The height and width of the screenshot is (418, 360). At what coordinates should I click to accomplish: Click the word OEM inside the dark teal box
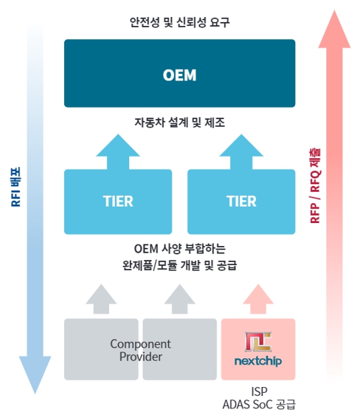point(179,75)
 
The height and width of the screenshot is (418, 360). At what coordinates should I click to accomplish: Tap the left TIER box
point(118,201)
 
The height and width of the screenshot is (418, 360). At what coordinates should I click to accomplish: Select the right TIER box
point(241,201)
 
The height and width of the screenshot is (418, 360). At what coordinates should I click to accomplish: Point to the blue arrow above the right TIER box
point(241,151)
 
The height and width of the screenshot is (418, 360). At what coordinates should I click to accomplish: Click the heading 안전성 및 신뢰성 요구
point(179,22)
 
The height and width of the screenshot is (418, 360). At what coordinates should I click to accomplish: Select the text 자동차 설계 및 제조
point(179,123)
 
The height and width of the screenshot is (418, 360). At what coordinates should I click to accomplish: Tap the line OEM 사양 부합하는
point(179,247)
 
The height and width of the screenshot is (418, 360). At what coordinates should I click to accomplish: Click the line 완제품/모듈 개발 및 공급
point(179,264)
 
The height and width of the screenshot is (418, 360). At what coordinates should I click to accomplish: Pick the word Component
point(140,343)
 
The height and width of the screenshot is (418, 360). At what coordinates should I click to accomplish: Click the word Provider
point(140,357)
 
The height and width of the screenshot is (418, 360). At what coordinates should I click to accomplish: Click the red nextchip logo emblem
point(258,341)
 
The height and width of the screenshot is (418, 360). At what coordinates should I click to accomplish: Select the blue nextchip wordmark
point(258,362)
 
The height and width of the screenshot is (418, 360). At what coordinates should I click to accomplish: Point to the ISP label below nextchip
point(258,391)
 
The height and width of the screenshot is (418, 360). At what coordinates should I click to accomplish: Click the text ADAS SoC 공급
point(258,405)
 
